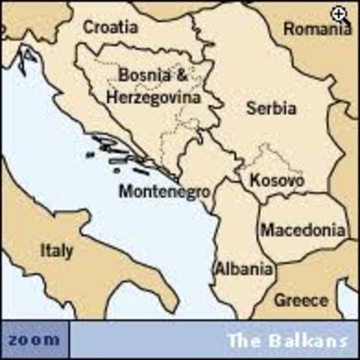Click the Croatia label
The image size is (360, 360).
[x=110, y=28]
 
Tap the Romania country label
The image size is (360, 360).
[x=317, y=29]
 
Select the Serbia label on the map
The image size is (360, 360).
[x=271, y=108]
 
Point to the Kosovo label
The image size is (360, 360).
[x=277, y=181]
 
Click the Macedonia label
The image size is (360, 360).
[x=304, y=230]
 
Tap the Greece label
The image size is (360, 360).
[x=301, y=300]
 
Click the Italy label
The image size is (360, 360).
[x=56, y=250]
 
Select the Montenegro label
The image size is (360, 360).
[x=163, y=191]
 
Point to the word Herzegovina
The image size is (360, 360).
[x=153, y=97]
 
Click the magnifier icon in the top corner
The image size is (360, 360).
[x=340, y=13]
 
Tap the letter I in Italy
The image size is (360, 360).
[x=43, y=250]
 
